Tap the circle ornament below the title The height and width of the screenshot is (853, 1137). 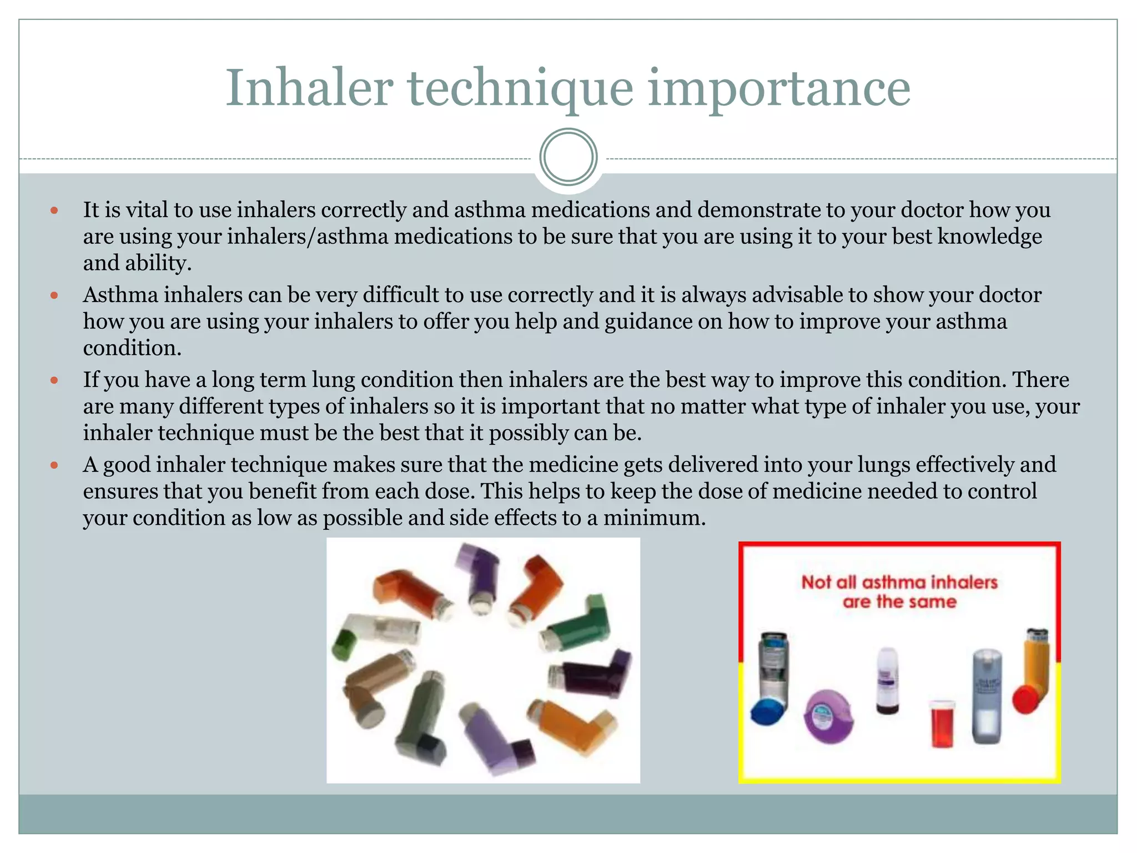pyautogui.click(x=568, y=157)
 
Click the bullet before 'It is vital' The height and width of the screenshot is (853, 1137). pyautogui.click(x=54, y=210)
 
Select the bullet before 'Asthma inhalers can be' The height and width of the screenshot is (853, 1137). pyautogui.click(x=54, y=295)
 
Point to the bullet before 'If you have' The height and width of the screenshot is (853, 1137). pyautogui.click(x=54, y=380)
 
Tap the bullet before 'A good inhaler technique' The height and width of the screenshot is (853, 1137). pyautogui.click(x=54, y=465)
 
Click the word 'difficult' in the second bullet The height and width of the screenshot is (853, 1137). pyautogui.click(x=401, y=295)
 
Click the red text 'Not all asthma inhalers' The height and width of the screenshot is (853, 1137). pyautogui.click(x=899, y=582)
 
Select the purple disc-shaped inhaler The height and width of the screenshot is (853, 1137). pyautogui.click(x=828, y=716)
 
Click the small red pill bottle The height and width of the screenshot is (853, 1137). pyautogui.click(x=942, y=723)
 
